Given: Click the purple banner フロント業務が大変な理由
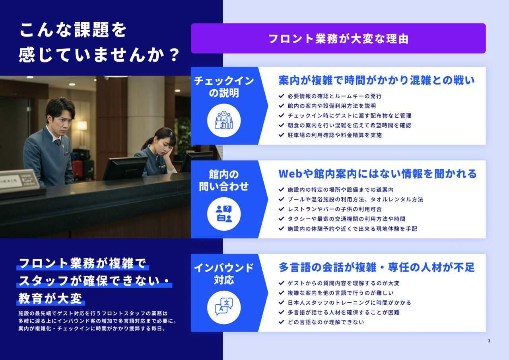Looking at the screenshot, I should click(x=338, y=39).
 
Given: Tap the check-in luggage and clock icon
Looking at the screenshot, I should click(x=224, y=120).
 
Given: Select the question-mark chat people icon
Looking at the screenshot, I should click(x=224, y=214).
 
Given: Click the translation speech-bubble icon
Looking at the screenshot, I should click(x=224, y=307).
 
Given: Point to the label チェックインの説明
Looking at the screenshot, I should click(x=224, y=87).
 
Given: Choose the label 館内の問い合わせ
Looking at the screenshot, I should click(x=224, y=180).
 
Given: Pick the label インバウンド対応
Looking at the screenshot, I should click(x=224, y=274).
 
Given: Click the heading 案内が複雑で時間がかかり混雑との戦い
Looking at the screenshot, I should click(x=377, y=80).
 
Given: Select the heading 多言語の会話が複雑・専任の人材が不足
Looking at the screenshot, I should click(x=377, y=267).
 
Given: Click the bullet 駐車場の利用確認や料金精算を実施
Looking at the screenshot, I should click(x=334, y=135).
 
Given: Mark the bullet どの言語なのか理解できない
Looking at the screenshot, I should click(x=326, y=322).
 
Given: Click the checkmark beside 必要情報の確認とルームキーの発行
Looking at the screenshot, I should click(x=281, y=96).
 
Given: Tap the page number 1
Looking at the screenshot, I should click(x=489, y=341).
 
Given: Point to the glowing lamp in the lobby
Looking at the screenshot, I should click(x=82, y=125).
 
